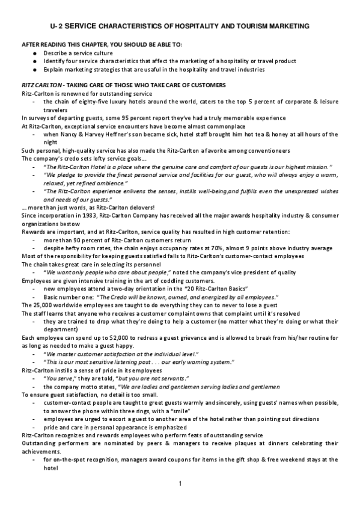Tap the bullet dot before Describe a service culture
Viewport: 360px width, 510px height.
(x=36, y=53)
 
